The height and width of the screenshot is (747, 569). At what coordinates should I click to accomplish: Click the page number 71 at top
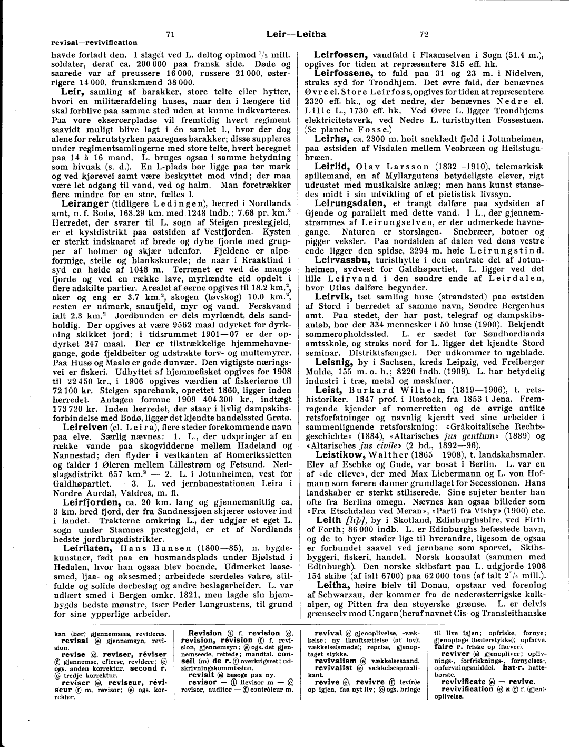point(170,35)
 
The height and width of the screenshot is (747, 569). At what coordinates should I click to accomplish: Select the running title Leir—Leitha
point(296,34)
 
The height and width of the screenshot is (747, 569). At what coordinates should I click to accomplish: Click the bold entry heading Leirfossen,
point(341,54)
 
